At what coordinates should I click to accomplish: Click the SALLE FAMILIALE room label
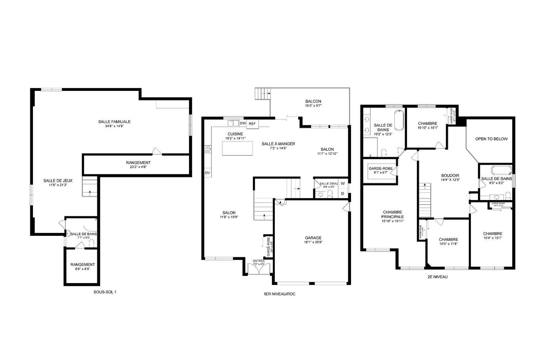point(114,121)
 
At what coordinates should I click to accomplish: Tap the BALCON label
point(313,102)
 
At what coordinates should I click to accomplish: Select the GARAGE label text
point(313,238)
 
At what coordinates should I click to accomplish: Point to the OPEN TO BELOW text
point(492,139)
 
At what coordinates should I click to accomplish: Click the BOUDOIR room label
point(450,175)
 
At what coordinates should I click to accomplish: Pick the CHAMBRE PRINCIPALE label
point(393,214)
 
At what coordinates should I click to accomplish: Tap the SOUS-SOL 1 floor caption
point(104,292)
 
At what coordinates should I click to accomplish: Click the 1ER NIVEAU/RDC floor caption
point(279,294)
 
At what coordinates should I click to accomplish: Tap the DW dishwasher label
point(243,123)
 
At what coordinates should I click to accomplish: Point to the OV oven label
point(207,173)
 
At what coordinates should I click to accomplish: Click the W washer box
point(342,183)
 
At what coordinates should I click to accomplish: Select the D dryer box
point(342,193)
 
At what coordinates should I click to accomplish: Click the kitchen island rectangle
point(237,148)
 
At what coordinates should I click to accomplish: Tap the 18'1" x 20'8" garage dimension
point(313,242)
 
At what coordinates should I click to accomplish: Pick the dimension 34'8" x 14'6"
point(114,126)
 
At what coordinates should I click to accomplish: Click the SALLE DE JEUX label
point(55,181)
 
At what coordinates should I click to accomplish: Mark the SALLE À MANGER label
point(278,144)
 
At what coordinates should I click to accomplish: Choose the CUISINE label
point(235,134)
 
